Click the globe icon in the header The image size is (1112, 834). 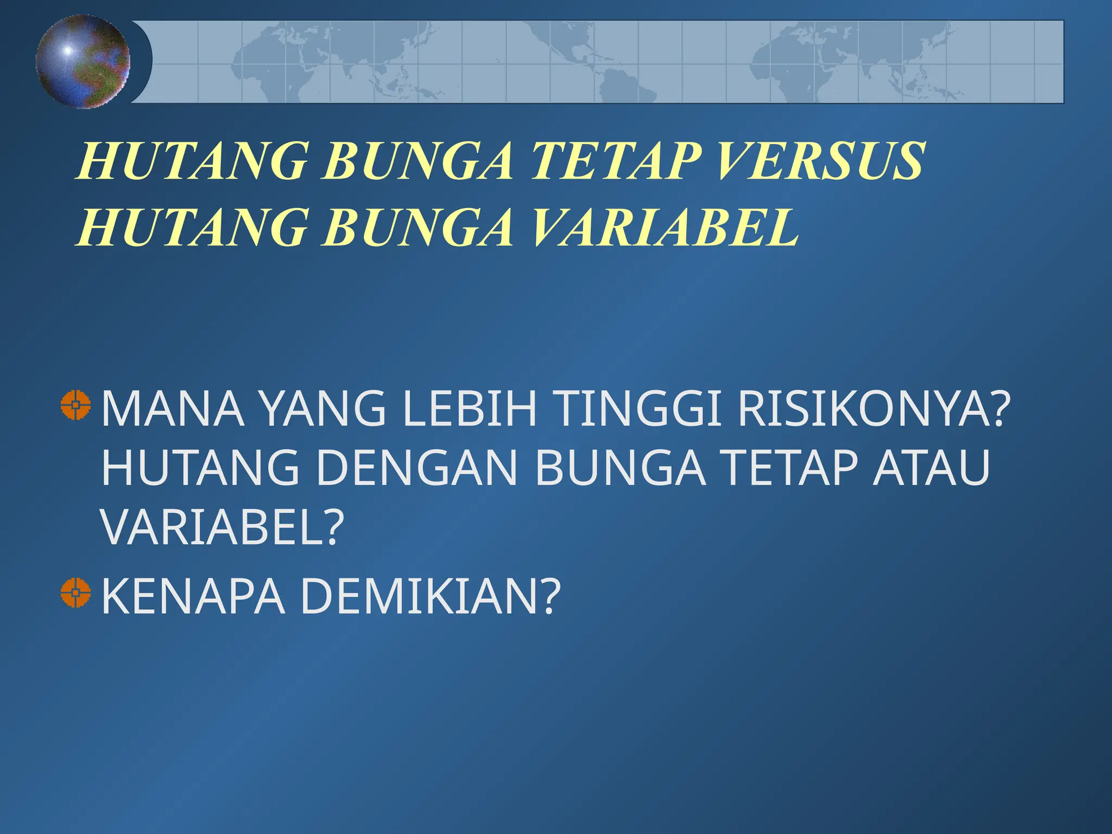(x=83, y=61)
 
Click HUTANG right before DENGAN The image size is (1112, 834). (x=200, y=467)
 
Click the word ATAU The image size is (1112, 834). (x=932, y=467)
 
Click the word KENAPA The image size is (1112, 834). (x=193, y=596)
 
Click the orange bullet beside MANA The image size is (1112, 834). (x=75, y=405)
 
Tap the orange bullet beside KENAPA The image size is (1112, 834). (x=75, y=592)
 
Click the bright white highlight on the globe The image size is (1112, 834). (x=67, y=50)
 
